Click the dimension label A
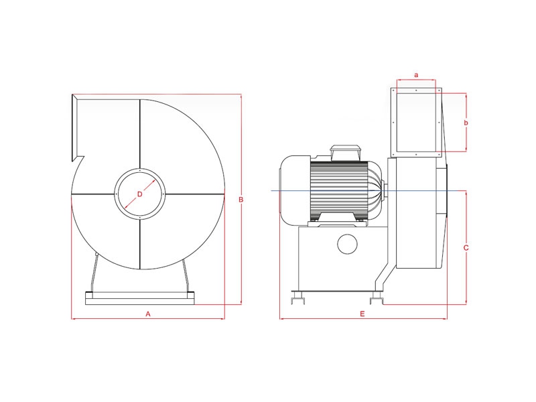tap(148, 314)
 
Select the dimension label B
tap(241, 200)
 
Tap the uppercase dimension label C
tap(466, 248)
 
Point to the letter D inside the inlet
tap(139, 194)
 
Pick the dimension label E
tap(362, 314)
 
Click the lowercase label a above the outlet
tap(416, 75)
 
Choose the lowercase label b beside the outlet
tap(466, 123)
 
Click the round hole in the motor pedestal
tap(347, 244)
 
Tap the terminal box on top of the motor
tap(345, 153)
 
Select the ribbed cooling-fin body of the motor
tap(339, 191)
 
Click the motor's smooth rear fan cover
tap(295, 190)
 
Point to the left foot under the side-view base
tap(297, 297)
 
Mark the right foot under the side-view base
tap(377, 297)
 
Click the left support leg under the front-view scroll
tap(93, 273)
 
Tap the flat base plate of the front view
tap(139, 298)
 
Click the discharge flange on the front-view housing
tap(75, 128)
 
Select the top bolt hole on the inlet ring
tap(140, 171)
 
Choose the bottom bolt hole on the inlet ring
tap(140, 217)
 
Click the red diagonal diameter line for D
tap(140, 194)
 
